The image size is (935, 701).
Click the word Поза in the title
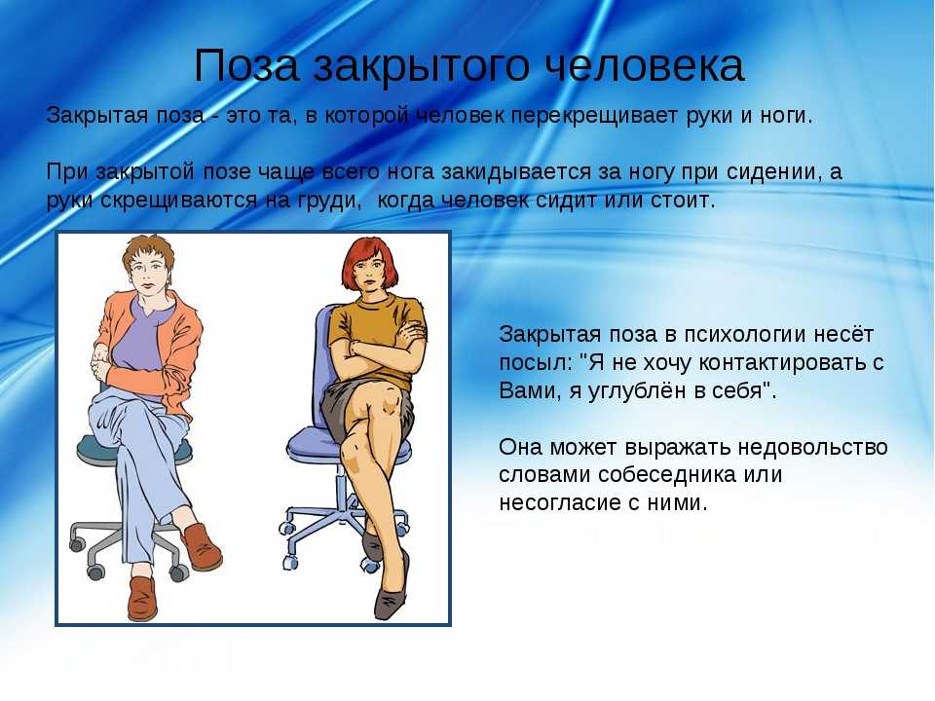[246, 65]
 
